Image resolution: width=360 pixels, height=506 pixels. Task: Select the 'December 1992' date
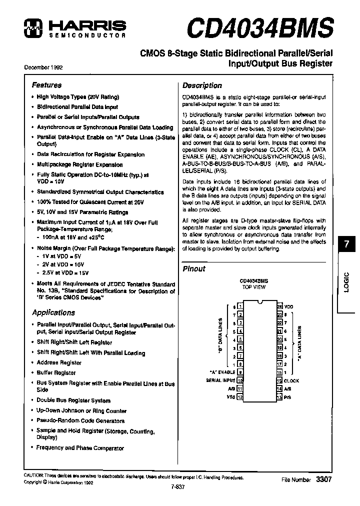point(43,67)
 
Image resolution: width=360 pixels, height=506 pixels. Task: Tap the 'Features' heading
point(46,85)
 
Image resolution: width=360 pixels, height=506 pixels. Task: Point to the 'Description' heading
point(202,85)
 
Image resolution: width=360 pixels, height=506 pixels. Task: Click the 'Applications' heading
point(53,312)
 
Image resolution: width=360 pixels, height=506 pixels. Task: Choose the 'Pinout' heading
point(193,268)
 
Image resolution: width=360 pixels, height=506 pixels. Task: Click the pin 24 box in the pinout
point(280,306)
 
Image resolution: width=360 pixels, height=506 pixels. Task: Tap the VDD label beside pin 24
point(289,306)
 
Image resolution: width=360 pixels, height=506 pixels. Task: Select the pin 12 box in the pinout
point(240,397)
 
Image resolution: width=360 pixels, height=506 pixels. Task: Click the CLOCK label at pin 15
point(291,380)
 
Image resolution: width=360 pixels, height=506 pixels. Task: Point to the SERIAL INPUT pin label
point(220,380)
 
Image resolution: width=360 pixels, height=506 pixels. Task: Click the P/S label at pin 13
point(287,397)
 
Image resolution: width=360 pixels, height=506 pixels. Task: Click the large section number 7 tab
point(346,245)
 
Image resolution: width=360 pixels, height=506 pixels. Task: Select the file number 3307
point(323,479)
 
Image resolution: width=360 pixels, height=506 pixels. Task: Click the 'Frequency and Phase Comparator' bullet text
point(80,448)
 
